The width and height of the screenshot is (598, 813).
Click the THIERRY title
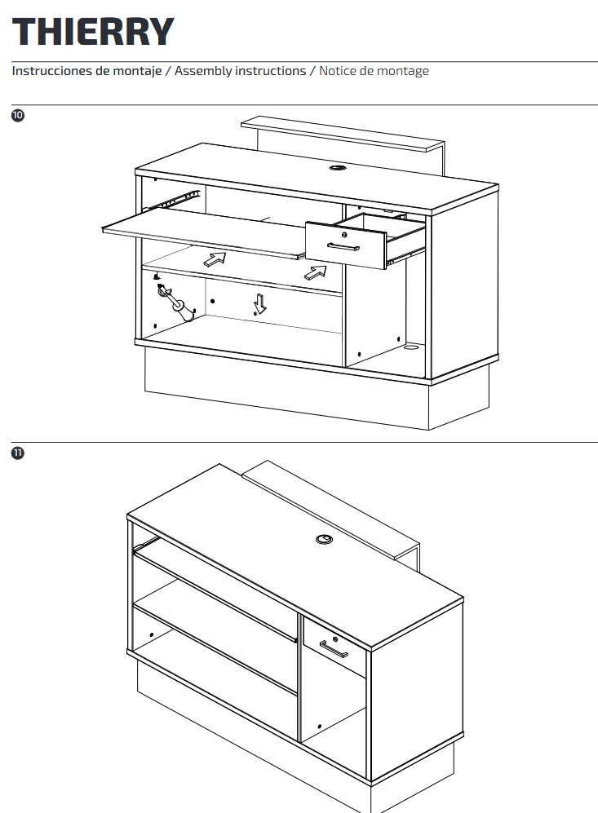click(93, 32)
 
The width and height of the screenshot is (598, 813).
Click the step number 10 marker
click(18, 115)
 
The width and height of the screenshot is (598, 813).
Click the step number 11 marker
click(18, 453)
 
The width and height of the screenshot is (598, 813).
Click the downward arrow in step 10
click(260, 303)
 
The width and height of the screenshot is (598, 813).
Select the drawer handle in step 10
click(343, 245)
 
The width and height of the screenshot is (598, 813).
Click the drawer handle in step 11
click(334, 648)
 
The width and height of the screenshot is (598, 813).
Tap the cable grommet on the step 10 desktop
click(338, 168)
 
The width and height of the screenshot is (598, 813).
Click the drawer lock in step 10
click(344, 234)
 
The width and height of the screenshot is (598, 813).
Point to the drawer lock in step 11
click(335, 638)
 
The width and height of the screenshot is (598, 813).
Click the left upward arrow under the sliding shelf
click(215, 259)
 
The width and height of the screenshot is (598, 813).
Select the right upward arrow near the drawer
click(316, 272)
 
